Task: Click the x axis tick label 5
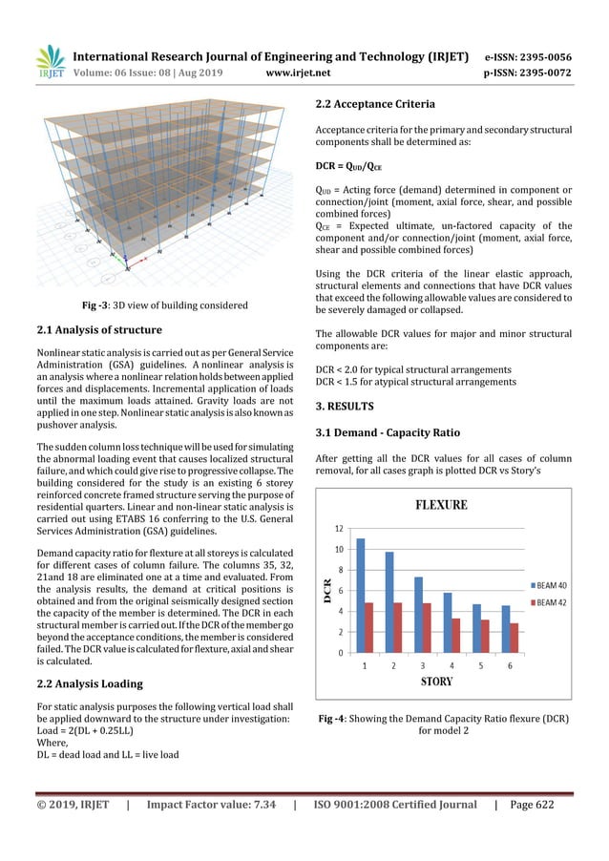pyautogui.click(x=481, y=665)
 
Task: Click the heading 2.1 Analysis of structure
pyautogui.click(x=98, y=330)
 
